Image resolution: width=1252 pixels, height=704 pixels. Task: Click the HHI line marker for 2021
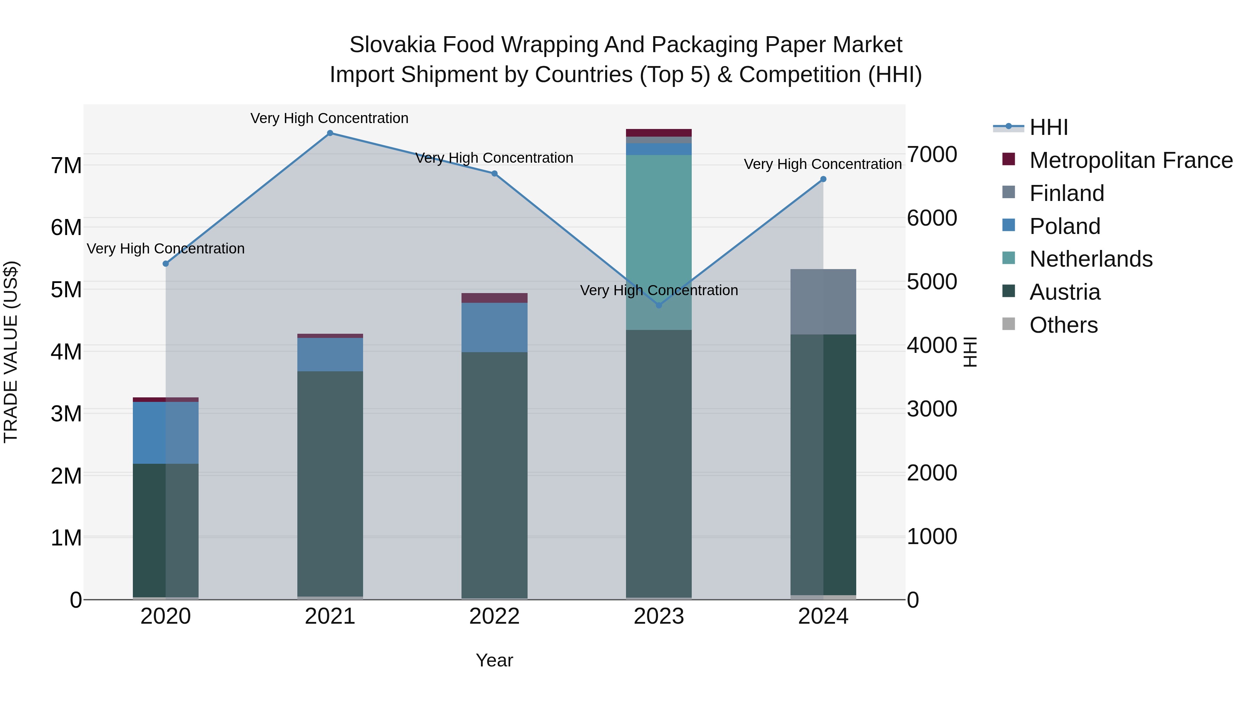[x=330, y=133]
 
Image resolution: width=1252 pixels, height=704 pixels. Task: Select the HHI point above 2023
[x=659, y=305]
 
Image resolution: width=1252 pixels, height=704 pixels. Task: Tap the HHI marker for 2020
[x=166, y=263]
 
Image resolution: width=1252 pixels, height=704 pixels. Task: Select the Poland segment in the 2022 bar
[x=494, y=327]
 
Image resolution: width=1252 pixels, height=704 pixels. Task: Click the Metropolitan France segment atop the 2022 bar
[x=494, y=298]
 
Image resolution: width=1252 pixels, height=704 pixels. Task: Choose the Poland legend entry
[x=1065, y=226]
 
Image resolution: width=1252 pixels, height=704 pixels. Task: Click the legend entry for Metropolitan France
[x=1131, y=160]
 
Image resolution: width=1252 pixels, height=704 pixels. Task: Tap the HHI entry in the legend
[x=1048, y=127]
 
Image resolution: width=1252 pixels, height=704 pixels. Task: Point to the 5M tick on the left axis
[x=66, y=290]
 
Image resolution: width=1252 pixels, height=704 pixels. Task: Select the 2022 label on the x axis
[x=494, y=616]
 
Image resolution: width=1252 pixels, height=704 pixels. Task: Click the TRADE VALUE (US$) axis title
[x=11, y=352]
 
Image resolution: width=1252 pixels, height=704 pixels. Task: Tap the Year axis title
[x=494, y=660]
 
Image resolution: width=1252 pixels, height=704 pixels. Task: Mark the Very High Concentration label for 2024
[x=822, y=164]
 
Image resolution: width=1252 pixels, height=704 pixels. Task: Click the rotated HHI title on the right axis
[x=970, y=352]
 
